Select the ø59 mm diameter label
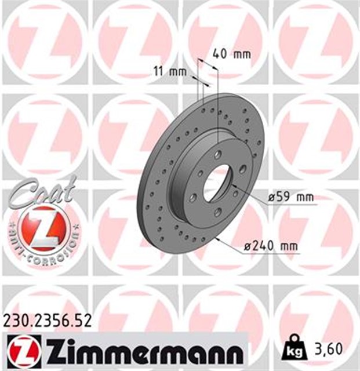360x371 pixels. pos(290,197)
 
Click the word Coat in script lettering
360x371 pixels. pos(42,190)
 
